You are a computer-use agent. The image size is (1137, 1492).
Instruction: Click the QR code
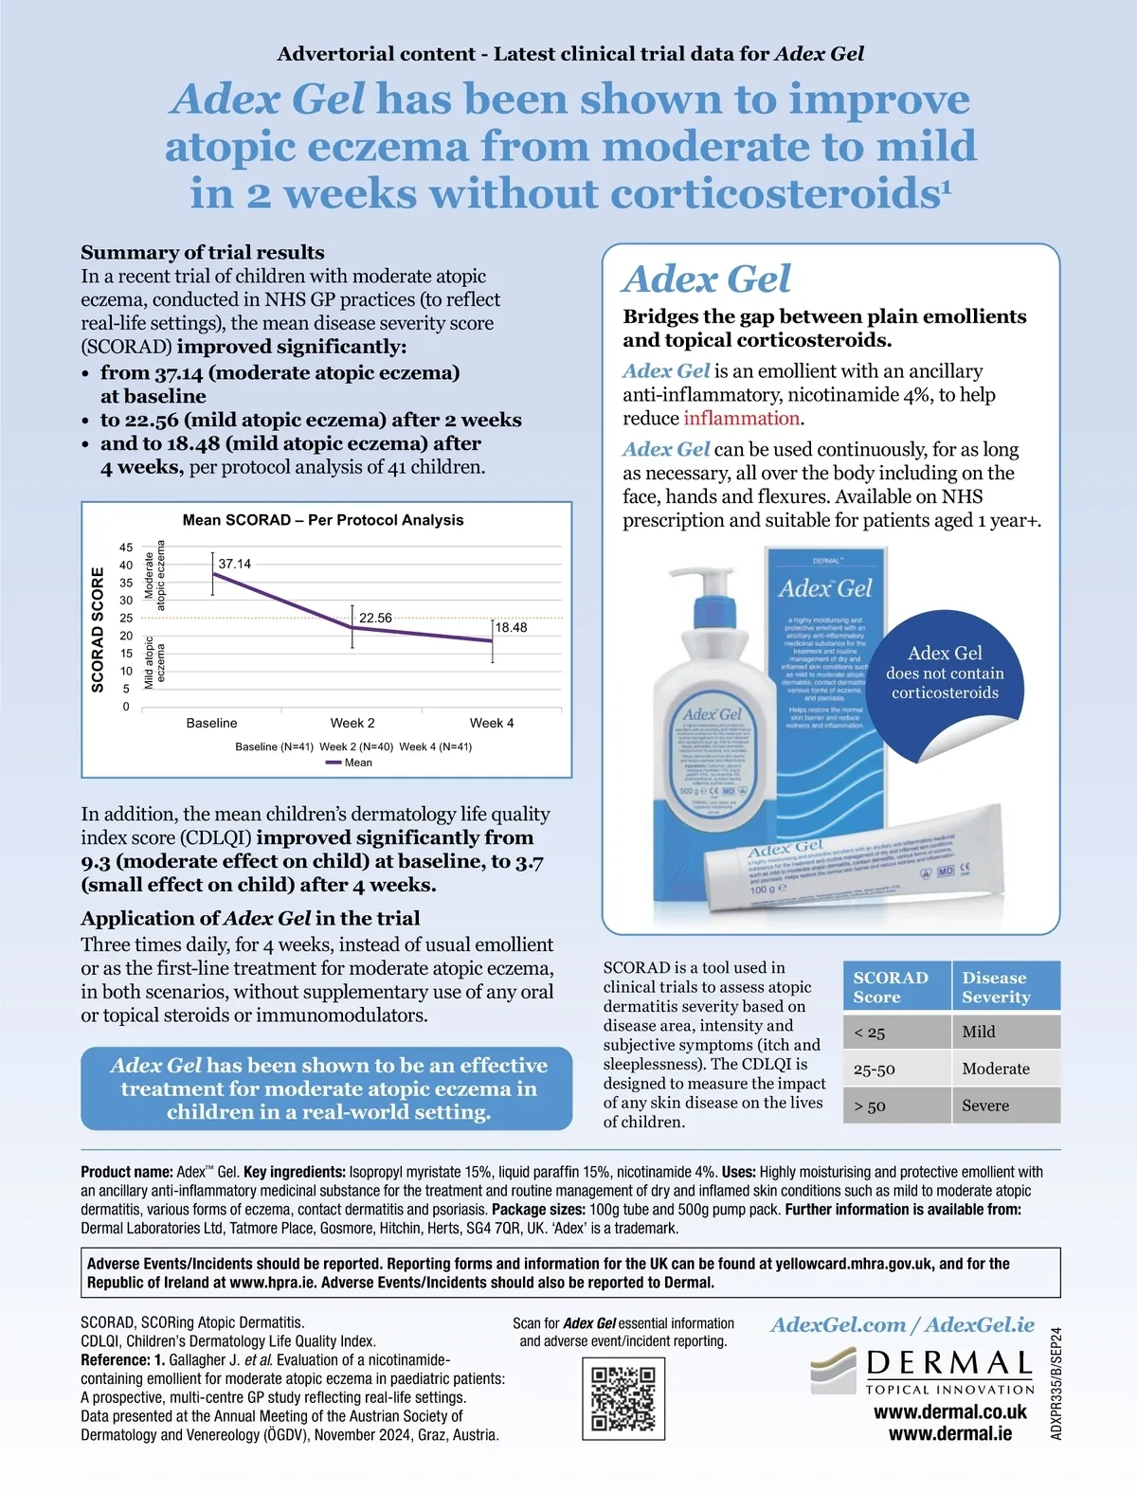point(623,1398)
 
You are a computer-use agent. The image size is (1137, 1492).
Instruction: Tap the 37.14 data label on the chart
point(235,564)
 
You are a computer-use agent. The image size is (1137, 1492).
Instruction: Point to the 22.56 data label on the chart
point(375,618)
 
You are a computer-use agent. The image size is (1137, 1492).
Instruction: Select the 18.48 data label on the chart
point(512,627)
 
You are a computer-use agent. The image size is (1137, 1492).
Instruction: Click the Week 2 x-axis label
point(352,723)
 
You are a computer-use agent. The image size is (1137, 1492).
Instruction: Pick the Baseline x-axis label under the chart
point(211,723)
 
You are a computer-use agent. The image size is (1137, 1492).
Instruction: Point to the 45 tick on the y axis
point(126,548)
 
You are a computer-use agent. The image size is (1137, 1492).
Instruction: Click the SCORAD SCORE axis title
point(98,629)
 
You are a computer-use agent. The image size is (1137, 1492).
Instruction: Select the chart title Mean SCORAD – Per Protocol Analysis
point(323,520)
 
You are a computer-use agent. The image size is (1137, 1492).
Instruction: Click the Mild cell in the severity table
point(979,1032)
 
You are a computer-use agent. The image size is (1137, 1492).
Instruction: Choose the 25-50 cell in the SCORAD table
point(874,1070)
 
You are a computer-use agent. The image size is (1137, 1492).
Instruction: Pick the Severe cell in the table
point(985,1106)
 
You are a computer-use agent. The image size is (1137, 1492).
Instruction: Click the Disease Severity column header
point(996,987)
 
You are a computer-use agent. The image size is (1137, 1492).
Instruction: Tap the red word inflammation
point(742,418)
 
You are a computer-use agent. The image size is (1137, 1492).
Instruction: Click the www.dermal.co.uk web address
point(949,1411)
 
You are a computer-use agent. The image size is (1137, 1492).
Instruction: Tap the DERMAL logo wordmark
point(948,1364)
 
